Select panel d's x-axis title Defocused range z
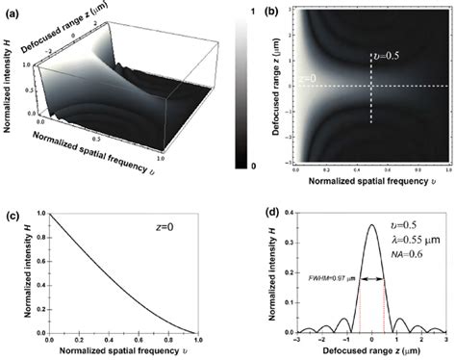[x=371, y=352]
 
